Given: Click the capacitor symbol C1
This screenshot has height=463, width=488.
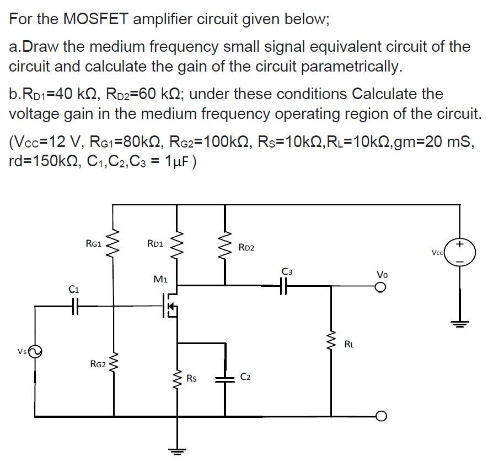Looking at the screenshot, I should pos(76,306).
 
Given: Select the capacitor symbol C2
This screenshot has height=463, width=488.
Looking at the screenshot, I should pos(225,378).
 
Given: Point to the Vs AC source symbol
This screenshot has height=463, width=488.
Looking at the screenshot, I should pos(35,351).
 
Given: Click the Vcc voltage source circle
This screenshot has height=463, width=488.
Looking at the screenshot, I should pos(459,252).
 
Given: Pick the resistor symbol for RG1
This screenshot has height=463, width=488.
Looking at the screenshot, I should pos(114,243).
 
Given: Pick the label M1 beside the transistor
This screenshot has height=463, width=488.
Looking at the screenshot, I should pos(161,280).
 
